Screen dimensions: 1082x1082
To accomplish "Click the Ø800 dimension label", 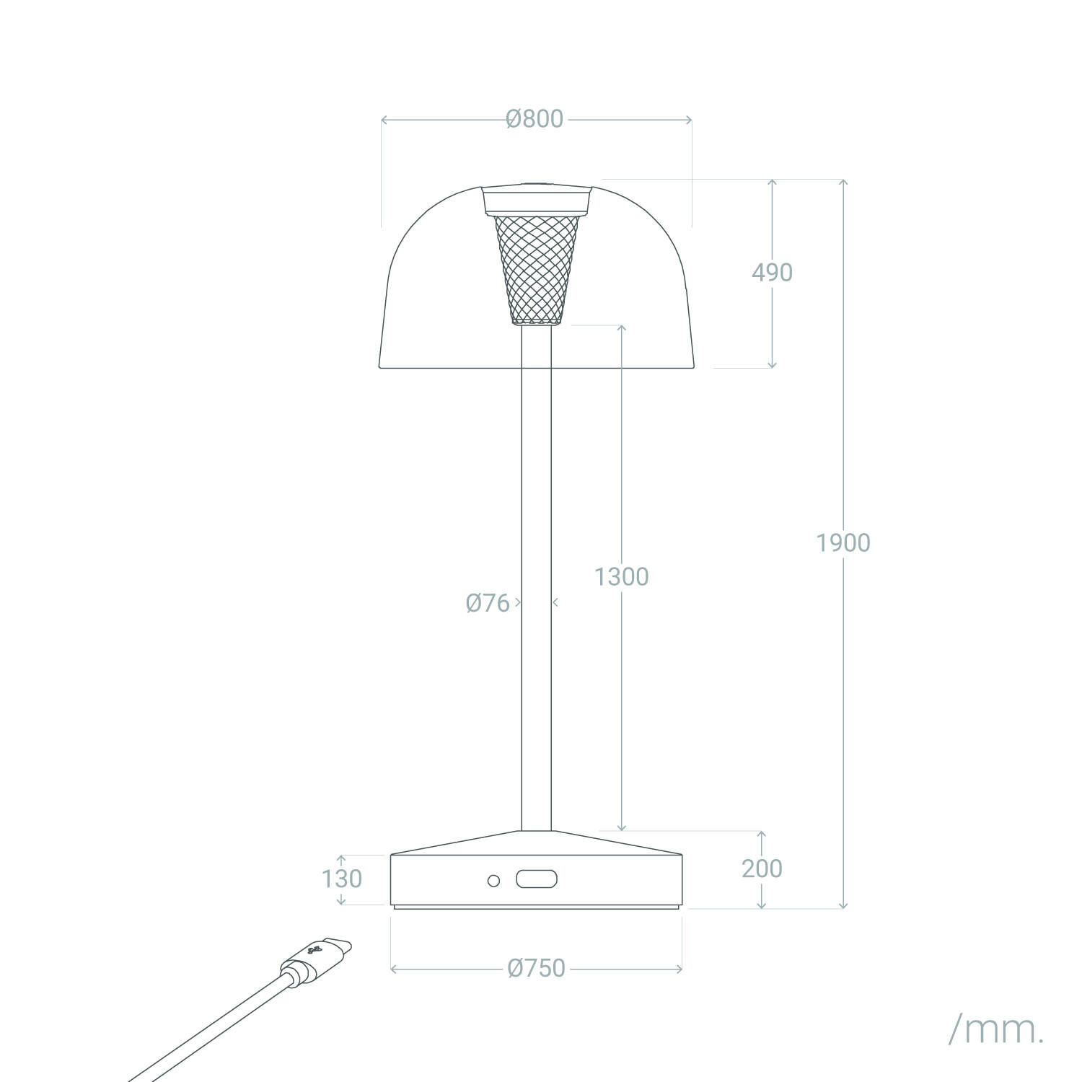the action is [535, 119].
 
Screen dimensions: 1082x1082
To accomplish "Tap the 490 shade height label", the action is [772, 273].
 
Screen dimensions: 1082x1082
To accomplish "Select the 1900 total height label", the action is [843, 542].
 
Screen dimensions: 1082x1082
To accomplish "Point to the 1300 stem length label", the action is [621, 576].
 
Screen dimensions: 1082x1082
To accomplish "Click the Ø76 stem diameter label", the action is [488, 602].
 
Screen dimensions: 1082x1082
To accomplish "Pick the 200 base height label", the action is [762, 868].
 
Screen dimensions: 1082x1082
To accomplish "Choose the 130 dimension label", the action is [341, 879].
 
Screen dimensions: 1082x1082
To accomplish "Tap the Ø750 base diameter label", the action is [536, 968].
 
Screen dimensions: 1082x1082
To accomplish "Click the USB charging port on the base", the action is [537, 880].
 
